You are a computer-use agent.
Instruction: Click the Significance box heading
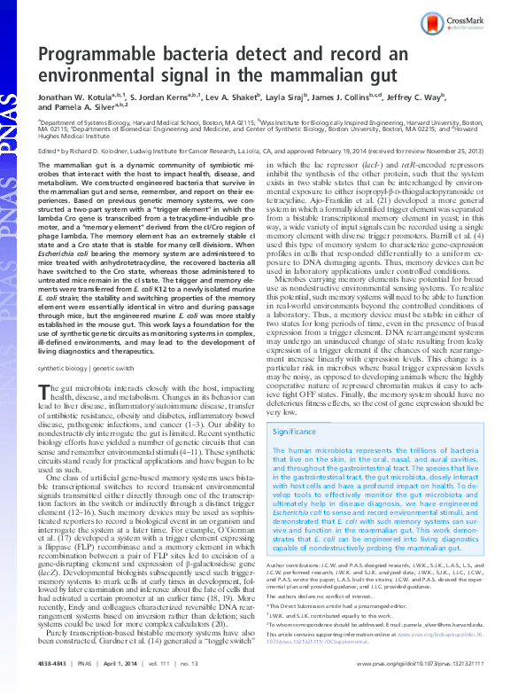pos(298,432)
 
